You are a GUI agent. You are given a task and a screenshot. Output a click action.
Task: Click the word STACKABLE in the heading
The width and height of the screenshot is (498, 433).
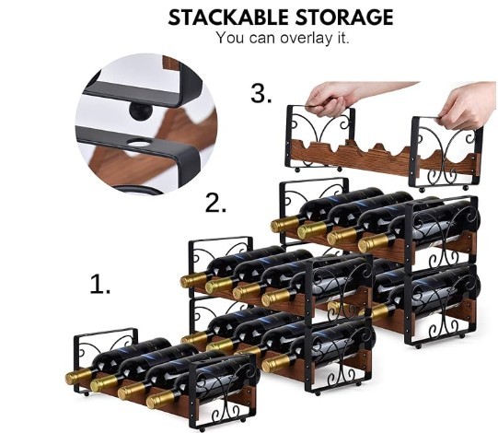(228, 17)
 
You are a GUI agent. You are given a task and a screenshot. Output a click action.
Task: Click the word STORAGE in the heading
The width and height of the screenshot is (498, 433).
(344, 17)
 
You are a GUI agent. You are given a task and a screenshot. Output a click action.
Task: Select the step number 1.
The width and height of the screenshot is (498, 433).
(99, 285)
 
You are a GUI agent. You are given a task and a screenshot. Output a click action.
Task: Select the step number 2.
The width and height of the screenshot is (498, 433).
(215, 203)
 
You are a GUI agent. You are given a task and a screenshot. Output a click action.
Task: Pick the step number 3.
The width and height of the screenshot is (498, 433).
(261, 93)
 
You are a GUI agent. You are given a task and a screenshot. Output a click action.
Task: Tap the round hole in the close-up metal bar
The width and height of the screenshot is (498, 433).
(139, 143)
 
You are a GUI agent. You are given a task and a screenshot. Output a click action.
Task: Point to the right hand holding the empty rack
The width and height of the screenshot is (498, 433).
(468, 107)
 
